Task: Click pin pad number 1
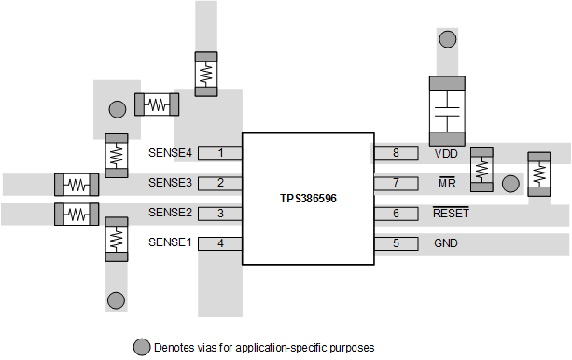coord(220,152)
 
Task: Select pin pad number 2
coord(220,183)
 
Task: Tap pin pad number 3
coord(220,214)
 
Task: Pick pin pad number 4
coord(220,243)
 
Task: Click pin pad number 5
coord(396,243)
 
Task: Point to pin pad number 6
coord(396,214)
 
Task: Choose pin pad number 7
coord(396,183)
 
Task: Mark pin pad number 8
coord(396,152)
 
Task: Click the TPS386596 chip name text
coord(308,199)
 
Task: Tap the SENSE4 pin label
coord(170,152)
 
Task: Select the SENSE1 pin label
coord(170,243)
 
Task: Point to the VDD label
coord(446,152)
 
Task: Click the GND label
coord(447,243)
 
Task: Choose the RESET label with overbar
coord(451,214)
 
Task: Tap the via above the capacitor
coord(448,40)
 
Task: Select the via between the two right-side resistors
coord(509,183)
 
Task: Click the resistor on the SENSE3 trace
coord(77,184)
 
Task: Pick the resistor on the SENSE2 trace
coord(77,214)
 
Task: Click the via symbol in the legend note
coord(141,347)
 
